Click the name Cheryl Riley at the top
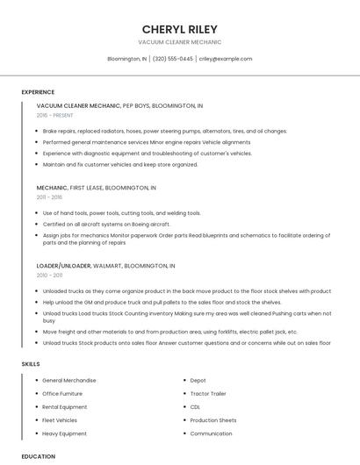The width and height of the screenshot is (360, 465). (179, 28)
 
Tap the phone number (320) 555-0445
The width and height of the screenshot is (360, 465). (173, 59)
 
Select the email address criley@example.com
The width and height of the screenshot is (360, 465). (225, 59)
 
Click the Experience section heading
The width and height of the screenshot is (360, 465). (38, 92)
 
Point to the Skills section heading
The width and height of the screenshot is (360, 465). (31, 363)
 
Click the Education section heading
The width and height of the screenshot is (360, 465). (39, 456)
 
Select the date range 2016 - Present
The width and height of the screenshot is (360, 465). (56, 115)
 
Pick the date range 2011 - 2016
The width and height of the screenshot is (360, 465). (49, 197)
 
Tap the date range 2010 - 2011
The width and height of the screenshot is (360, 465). (49, 275)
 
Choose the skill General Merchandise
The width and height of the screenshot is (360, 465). (69, 380)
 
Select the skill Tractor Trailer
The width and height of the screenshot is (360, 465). (208, 393)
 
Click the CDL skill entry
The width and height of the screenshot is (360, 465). (195, 407)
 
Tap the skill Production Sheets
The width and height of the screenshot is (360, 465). (213, 420)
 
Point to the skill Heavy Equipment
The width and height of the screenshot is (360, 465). (64, 433)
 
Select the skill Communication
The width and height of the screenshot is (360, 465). (211, 433)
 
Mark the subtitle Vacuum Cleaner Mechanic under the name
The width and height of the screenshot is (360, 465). (179, 42)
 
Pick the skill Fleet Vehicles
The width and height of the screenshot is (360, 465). (60, 420)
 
